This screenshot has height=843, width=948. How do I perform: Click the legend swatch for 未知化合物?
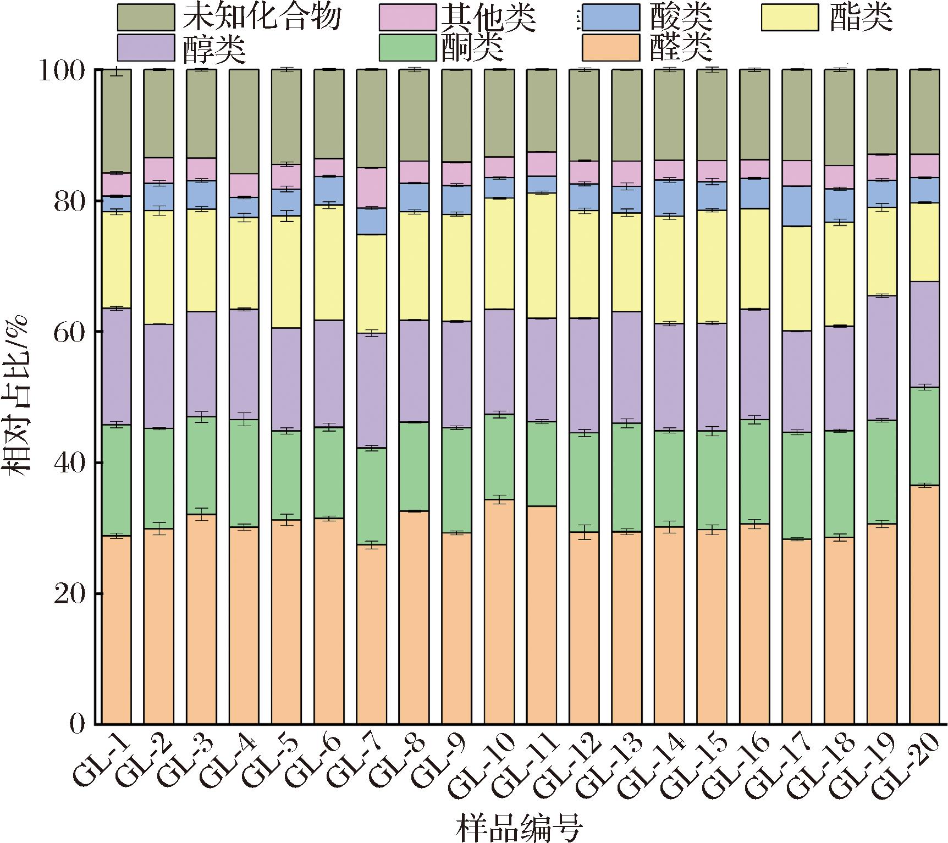tap(146, 17)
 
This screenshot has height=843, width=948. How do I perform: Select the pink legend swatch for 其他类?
tap(407, 17)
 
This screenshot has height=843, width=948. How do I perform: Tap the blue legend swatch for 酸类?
tap(610, 17)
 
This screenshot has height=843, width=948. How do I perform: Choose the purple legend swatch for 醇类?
tap(146, 47)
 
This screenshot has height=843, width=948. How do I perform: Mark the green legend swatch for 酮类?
tap(407, 47)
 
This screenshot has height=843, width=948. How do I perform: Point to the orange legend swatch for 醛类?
tap(610, 47)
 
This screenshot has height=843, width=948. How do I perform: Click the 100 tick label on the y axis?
tap(62, 70)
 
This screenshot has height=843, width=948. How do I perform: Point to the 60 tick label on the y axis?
tap(69, 332)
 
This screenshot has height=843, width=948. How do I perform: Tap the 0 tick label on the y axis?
tap(77, 724)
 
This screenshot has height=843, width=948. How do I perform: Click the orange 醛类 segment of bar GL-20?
tap(924, 605)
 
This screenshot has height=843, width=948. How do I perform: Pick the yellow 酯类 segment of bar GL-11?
tap(541, 256)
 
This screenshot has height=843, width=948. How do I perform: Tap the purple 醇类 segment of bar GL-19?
tap(881, 358)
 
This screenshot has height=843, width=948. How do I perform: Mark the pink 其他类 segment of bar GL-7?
tap(371, 188)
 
